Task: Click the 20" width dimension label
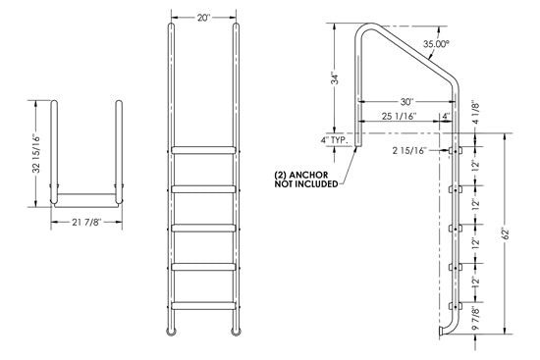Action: [202, 17]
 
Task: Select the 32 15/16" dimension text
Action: [37, 153]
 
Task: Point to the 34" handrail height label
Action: [335, 77]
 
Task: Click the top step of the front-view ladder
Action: [204, 149]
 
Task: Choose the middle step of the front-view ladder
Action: [204, 227]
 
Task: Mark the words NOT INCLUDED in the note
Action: [306, 183]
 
